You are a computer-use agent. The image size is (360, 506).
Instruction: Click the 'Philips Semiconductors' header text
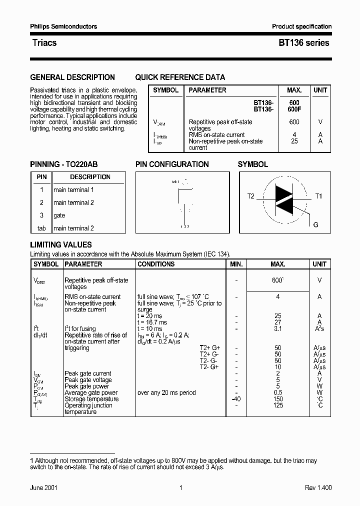[x=63, y=26]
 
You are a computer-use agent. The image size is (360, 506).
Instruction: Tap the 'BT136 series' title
[x=303, y=43]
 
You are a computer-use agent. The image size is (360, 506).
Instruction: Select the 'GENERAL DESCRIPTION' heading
[x=72, y=77]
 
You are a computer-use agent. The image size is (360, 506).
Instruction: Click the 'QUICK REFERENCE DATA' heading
[x=180, y=77]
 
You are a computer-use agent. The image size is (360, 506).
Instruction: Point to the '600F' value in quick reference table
[x=294, y=109]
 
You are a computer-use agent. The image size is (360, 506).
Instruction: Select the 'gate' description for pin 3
[x=59, y=215]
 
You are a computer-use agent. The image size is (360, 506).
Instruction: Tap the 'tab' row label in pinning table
[x=41, y=228]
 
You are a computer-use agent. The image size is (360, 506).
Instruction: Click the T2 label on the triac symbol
[x=251, y=196]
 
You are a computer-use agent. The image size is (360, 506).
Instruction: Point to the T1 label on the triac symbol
[x=318, y=196]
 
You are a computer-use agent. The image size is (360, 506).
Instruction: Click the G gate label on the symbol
[x=315, y=225]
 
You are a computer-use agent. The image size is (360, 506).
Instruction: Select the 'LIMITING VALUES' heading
[x=61, y=245]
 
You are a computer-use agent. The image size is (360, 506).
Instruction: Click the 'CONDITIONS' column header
[x=156, y=264]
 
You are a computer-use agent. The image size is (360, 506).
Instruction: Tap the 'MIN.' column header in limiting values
[x=236, y=264]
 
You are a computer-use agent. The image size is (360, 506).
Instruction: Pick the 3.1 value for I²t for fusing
[x=278, y=329]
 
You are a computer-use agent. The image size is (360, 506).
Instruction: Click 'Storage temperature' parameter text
[x=91, y=399]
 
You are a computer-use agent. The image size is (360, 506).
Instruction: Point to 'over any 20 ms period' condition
[x=166, y=392]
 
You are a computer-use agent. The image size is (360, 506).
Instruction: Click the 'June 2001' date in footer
[x=43, y=488]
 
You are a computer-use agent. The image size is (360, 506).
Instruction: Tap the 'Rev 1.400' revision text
[x=318, y=488]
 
